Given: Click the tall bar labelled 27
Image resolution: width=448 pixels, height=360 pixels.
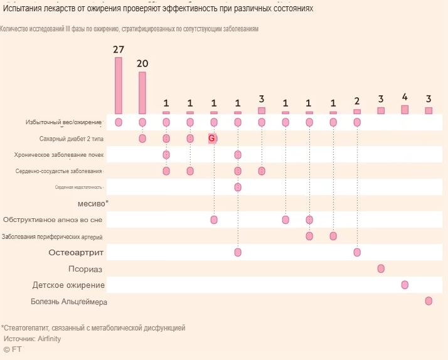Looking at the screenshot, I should [x=119, y=85].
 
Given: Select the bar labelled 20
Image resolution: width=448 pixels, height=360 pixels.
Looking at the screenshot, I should [x=142, y=92].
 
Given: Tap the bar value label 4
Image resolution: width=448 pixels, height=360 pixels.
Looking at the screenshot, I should [x=405, y=97].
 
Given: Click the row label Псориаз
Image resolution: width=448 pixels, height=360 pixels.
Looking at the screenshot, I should [x=85, y=269].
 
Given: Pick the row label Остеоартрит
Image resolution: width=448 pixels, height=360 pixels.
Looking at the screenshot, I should [x=76, y=252].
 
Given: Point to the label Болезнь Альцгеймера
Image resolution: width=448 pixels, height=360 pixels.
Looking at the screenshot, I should [x=69, y=302].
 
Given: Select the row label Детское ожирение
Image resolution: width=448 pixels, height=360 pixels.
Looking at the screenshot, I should [x=68, y=285].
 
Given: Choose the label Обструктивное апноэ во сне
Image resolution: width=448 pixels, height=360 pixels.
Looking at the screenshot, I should [x=53, y=220].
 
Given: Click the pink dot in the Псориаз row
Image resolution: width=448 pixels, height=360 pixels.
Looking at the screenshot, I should [x=381, y=268].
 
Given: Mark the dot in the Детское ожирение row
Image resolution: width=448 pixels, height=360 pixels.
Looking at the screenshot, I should [x=405, y=285].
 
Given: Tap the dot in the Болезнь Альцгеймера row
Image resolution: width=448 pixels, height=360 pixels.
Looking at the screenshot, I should [x=429, y=301].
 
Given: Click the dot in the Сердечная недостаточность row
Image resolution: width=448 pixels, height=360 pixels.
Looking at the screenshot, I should [x=238, y=187].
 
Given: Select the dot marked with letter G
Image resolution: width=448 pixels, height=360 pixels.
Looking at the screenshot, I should [x=213, y=138].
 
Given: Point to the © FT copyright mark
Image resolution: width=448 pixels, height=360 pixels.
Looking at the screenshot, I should [x=13, y=349].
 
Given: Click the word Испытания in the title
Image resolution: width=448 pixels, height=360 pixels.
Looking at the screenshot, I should [x=24, y=9].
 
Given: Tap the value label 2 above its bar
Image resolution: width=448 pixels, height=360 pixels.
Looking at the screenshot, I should [x=357, y=102].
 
